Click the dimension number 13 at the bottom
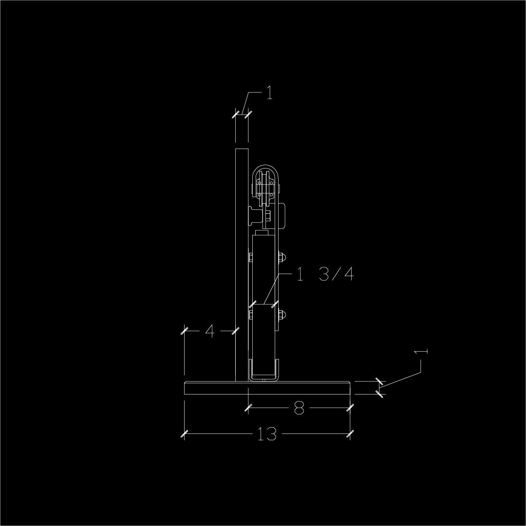pos(267,433)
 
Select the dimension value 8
pos(299,408)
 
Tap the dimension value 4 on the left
pos(209,331)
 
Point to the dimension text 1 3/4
pos(324,275)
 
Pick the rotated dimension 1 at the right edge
pos(423,352)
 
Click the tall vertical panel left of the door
pos(242,263)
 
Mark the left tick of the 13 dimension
pos(184,433)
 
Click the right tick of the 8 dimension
pos(350,408)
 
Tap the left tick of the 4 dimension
pos(184,331)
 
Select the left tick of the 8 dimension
pos(248,408)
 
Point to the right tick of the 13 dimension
pos(350,433)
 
